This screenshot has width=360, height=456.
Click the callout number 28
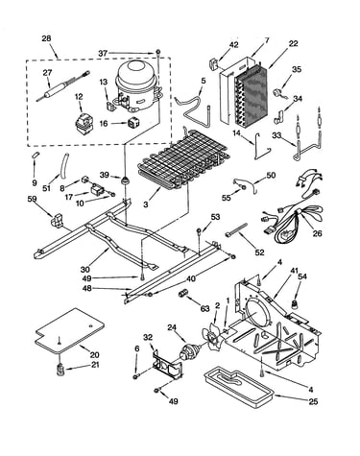coord(46,38)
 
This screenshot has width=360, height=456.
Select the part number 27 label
coord(47,73)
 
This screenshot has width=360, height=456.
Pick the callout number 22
coord(293,43)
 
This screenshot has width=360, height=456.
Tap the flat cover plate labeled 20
coord(70,331)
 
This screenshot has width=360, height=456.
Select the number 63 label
coord(204,308)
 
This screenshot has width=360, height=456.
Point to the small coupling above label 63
coord(183,294)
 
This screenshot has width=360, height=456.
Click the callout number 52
coord(260,252)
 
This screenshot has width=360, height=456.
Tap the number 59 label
coord(32,199)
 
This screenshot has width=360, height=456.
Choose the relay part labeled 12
coord(83,123)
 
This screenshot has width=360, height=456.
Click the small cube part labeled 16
coord(132,123)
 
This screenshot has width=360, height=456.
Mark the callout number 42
coord(233,44)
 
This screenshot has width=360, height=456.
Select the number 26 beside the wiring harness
coord(317,233)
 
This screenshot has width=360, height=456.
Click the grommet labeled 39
coord(124,180)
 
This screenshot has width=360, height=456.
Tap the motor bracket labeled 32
coord(168,365)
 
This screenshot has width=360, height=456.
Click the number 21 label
coord(95,364)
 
